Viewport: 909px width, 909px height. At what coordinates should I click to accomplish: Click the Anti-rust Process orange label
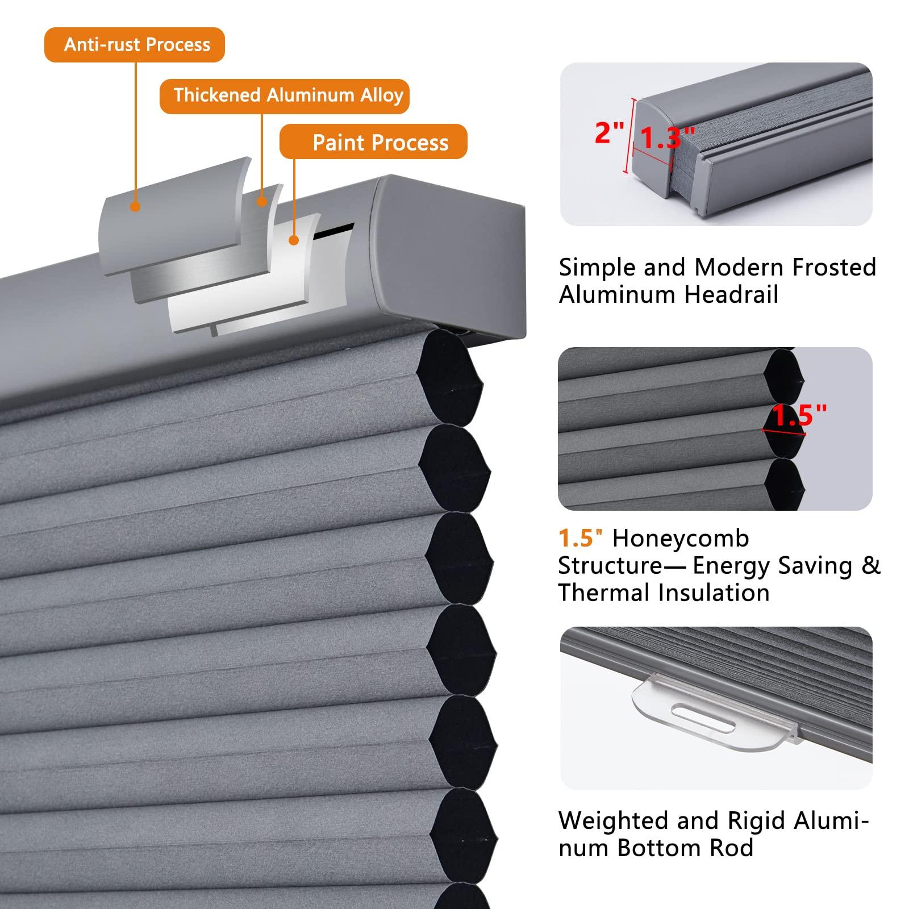tap(135, 45)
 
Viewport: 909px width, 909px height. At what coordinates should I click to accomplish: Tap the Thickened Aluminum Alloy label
tap(284, 95)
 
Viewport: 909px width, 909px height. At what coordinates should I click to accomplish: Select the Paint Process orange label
tap(373, 142)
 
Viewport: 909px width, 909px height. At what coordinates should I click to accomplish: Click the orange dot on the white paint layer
tap(293, 240)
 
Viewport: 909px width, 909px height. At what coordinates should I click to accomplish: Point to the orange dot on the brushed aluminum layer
tap(262, 201)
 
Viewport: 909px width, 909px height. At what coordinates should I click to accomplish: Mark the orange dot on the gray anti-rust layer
tap(135, 207)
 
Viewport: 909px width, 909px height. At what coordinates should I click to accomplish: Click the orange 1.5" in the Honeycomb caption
tap(580, 538)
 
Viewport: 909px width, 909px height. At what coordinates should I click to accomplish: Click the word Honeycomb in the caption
tap(681, 538)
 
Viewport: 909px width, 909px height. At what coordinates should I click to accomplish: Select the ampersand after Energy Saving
tap(870, 565)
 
